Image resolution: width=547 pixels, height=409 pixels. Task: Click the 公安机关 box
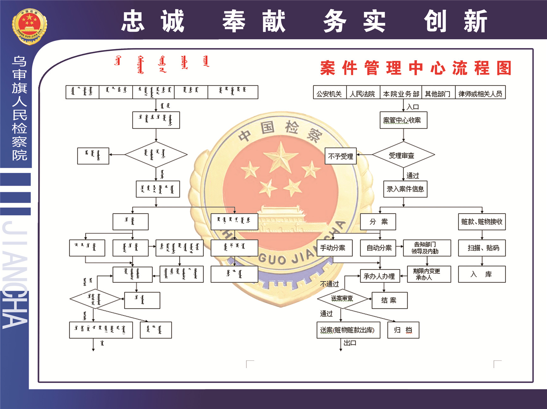[330, 92]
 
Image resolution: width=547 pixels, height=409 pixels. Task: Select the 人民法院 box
[363, 92]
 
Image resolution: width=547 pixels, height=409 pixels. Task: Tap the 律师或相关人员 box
[480, 92]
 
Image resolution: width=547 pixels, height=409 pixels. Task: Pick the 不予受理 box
[341, 156]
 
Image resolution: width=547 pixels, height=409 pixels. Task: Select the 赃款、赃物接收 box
[482, 222]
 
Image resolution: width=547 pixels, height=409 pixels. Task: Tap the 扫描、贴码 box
[482, 248]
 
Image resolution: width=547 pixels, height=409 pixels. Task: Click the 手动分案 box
[334, 248]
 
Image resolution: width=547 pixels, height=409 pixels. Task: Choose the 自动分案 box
[379, 248]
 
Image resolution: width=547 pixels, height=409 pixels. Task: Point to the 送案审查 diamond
[342, 299]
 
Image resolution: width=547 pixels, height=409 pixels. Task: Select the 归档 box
[403, 330]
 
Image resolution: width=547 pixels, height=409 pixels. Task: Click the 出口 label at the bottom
[350, 343]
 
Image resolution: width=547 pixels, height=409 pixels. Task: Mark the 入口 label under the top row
[413, 107]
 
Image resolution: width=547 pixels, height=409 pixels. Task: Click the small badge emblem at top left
[29, 26]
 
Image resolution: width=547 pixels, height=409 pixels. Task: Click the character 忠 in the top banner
[133, 21]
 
